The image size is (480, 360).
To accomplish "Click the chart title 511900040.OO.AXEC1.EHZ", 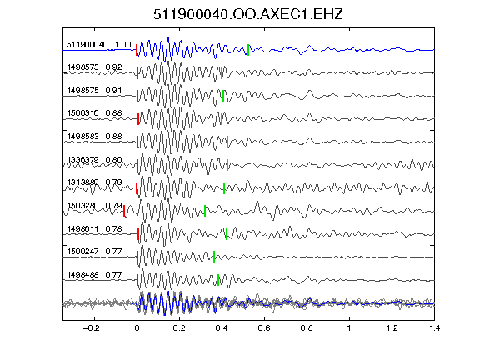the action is tap(248, 14).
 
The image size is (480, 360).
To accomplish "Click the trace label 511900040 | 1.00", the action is tap(99, 45).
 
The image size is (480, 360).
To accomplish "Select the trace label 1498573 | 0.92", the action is tap(95, 67).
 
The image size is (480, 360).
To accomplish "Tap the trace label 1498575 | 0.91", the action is tap(95, 91).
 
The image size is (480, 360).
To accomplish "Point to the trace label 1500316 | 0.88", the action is tap(95, 113).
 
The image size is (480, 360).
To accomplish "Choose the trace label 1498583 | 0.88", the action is tap(95, 136).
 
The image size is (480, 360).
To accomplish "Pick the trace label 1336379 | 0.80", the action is tap(95, 159).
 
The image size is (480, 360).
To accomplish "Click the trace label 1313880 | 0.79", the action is tap(95, 182).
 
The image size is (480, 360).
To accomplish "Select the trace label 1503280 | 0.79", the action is tap(95, 205).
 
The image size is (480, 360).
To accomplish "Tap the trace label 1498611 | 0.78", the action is tap(95, 228).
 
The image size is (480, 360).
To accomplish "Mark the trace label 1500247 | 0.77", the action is tap(95, 252).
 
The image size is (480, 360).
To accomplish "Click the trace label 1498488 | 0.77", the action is tap(95, 275).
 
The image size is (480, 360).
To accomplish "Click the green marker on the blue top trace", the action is tap(248, 50).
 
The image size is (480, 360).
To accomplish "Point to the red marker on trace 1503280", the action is tap(124, 211).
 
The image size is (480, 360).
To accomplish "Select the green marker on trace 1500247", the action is tap(214, 257).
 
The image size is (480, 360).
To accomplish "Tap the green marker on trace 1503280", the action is tap(205, 211).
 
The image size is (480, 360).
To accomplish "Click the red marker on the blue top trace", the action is tap(137, 50).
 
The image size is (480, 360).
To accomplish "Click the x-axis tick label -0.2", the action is tap(91, 328).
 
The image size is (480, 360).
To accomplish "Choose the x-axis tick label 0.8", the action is tap(307, 328).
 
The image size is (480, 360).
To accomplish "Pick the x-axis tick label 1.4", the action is tap(435, 328).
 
